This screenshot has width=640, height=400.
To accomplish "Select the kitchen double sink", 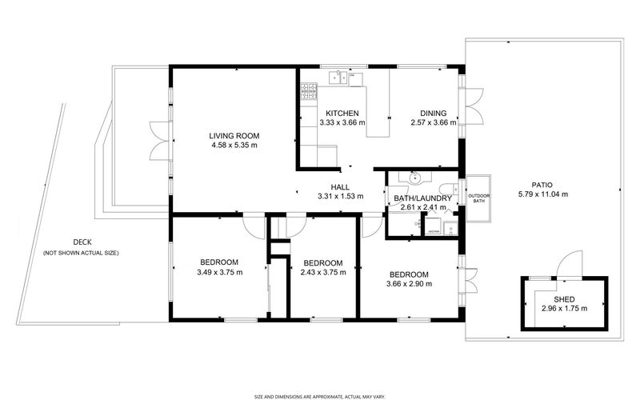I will coord(339,77).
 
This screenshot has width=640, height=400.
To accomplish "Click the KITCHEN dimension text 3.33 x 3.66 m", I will coord(341,123).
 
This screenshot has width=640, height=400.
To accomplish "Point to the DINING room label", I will coord(434,114).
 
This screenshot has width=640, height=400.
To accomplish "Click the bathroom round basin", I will coord(414,177).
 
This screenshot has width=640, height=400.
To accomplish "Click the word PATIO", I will coord(542,184).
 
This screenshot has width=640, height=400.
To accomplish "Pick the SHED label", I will coord(564,298).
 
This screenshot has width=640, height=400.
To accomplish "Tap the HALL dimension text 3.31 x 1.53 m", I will coord(340,196).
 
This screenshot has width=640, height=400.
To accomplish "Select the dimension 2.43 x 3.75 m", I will coord(322,273).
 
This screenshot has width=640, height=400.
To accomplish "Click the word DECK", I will coord(82,242).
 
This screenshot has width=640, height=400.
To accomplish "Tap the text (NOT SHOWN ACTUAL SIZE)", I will coord(82,253).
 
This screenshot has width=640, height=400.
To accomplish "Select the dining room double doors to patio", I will coord(473,106).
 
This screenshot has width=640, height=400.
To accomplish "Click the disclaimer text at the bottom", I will coord(320,394).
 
